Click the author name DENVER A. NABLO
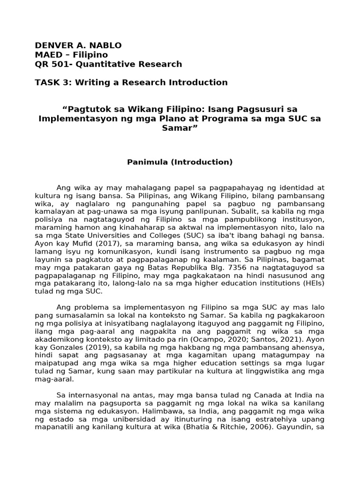pos(78,45)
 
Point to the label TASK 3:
pos(52,82)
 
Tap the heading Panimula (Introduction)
pos(180,162)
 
